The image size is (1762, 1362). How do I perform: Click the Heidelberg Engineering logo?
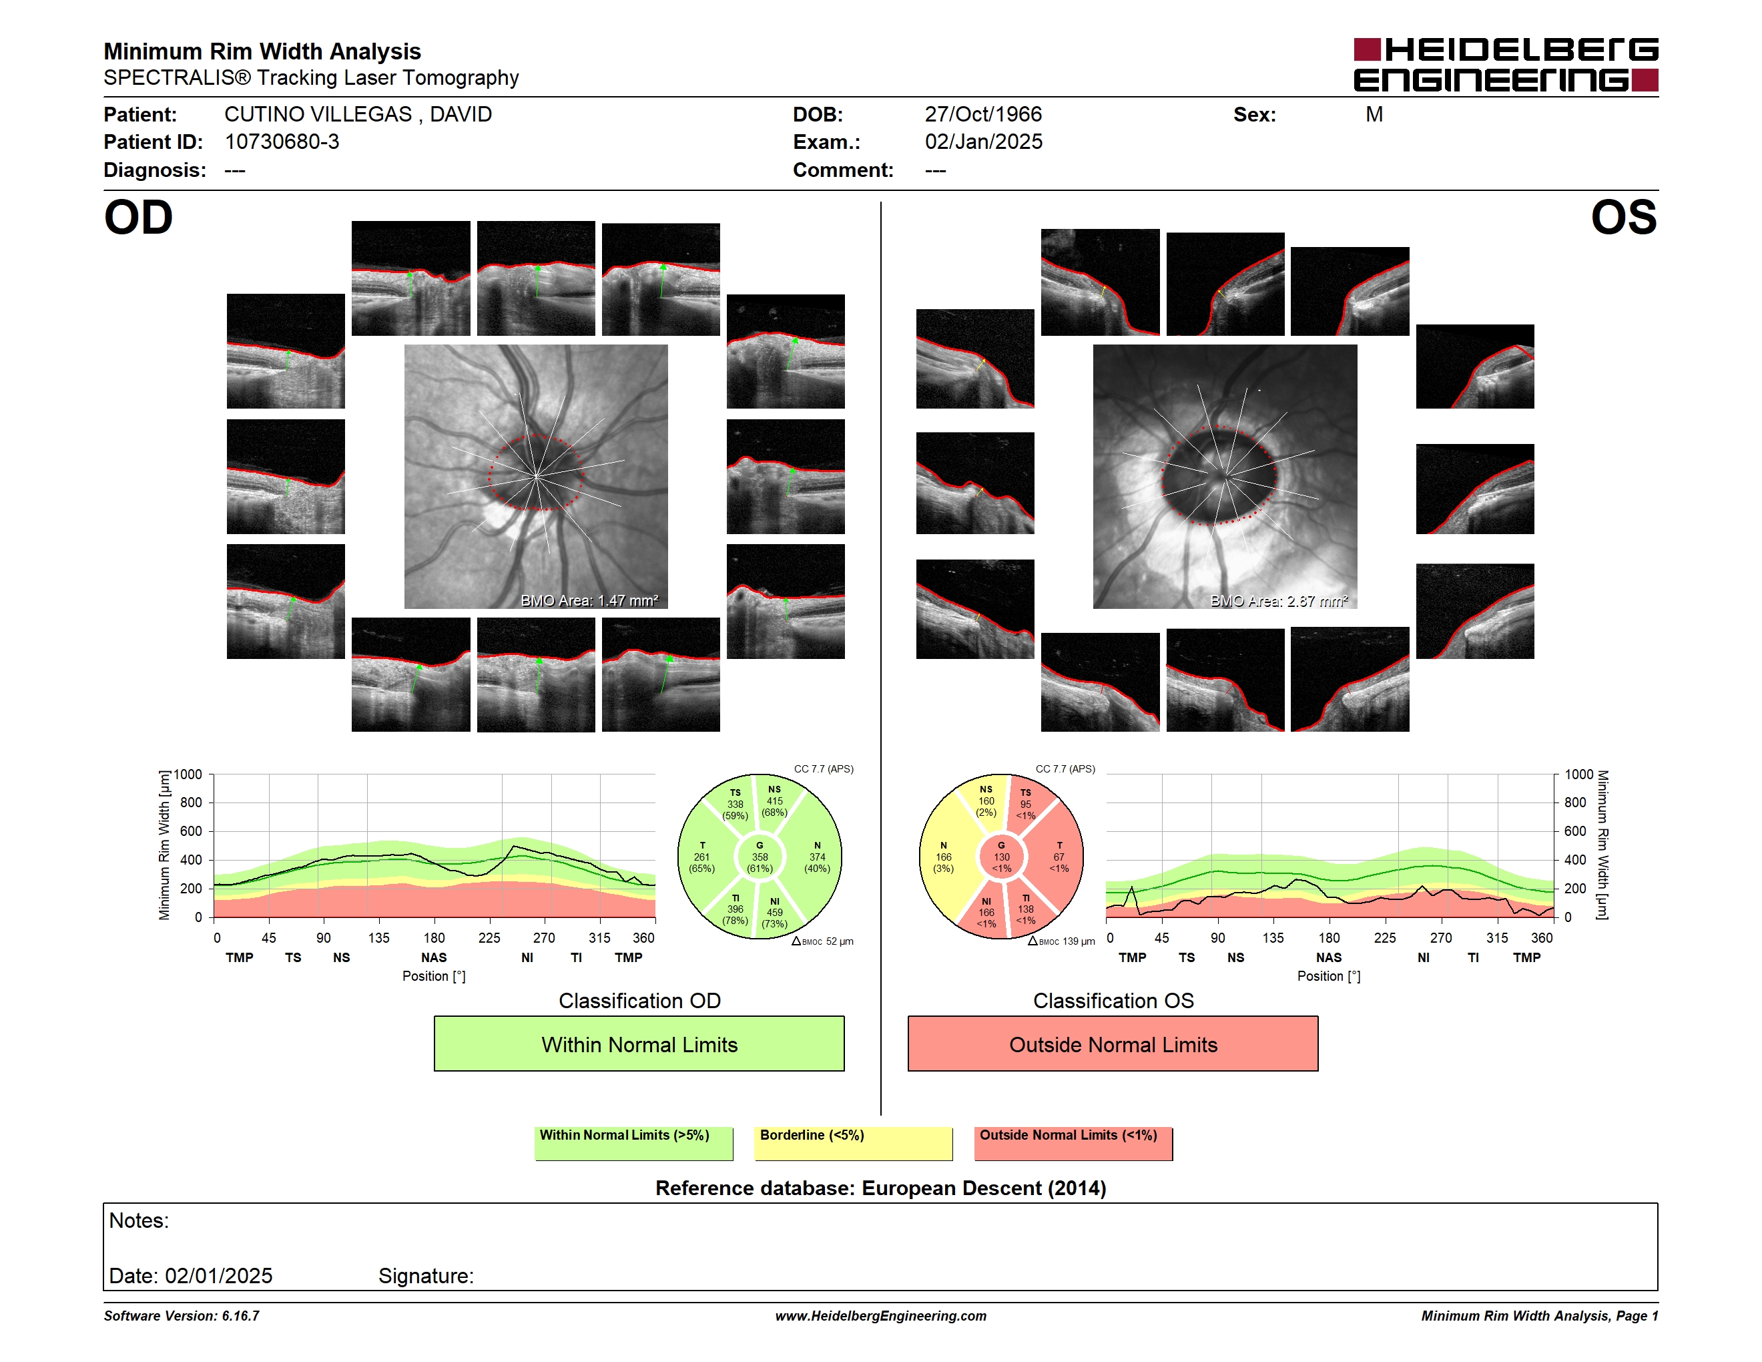(x=1506, y=65)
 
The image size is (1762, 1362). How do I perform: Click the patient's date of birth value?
(x=982, y=115)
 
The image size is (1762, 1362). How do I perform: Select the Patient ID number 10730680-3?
(x=282, y=142)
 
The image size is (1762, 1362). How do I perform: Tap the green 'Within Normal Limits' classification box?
(x=639, y=1044)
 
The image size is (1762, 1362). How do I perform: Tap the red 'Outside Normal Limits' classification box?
(x=1113, y=1044)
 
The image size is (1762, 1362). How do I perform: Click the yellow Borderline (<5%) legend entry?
(x=854, y=1143)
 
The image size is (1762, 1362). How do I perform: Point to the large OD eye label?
(x=138, y=218)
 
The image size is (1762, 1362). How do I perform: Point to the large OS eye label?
(x=1623, y=218)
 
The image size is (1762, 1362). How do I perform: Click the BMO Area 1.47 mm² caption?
(x=589, y=600)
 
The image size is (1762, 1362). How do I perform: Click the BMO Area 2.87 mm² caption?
(x=1279, y=600)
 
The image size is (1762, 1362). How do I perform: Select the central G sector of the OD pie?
(x=759, y=857)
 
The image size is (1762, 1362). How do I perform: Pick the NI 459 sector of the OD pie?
(x=776, y=912)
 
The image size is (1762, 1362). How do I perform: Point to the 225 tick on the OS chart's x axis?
(x=1384, y=937)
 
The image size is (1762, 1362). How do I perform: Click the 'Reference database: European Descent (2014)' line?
(x=881, y=1188)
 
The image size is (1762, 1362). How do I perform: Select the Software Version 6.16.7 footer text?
(x=182, y=1316)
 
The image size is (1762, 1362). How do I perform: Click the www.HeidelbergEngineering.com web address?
(x=881, y=1316)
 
